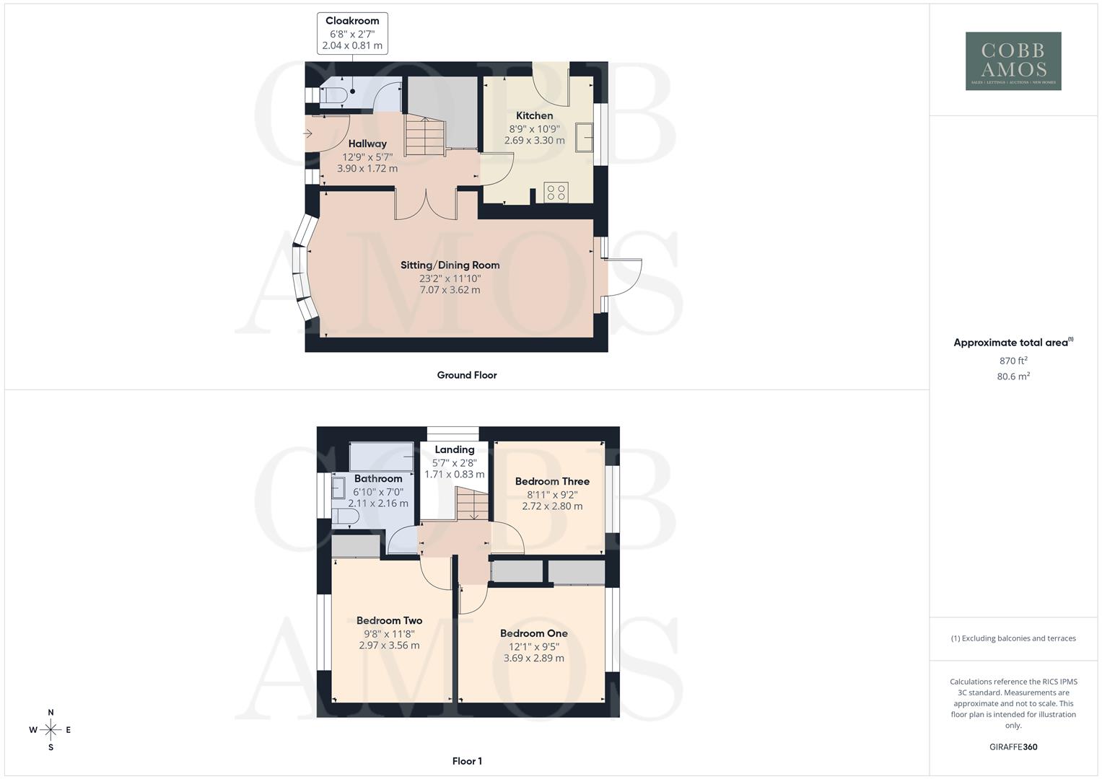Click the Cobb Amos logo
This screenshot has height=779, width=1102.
pos(1013,61)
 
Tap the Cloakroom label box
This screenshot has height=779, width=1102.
pos(352,33)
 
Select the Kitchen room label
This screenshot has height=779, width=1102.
pos(535,115)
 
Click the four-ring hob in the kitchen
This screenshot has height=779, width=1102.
pos(556,192)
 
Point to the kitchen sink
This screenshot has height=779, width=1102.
pos(584,137)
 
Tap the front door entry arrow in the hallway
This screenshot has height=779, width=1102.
pos(307,133)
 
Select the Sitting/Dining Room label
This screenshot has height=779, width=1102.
pos(450,265)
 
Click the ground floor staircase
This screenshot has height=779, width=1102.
pos(422,138)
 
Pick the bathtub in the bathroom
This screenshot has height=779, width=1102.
pos(381,456)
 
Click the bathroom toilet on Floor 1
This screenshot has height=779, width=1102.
pos(345,517)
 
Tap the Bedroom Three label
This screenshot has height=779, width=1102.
pos(552,481)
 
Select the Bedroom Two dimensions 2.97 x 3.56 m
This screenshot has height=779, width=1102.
pos(389,646)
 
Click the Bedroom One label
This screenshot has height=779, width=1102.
pos(534,633)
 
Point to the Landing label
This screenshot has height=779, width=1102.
pos(455,449)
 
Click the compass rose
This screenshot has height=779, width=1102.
pos(51,730)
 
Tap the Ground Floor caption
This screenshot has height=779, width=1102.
pos(467,375)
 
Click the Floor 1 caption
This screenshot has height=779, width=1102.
pos(467,761)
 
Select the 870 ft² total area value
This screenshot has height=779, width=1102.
pos(1013,361)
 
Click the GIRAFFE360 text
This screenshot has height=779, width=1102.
pos(1013,747)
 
